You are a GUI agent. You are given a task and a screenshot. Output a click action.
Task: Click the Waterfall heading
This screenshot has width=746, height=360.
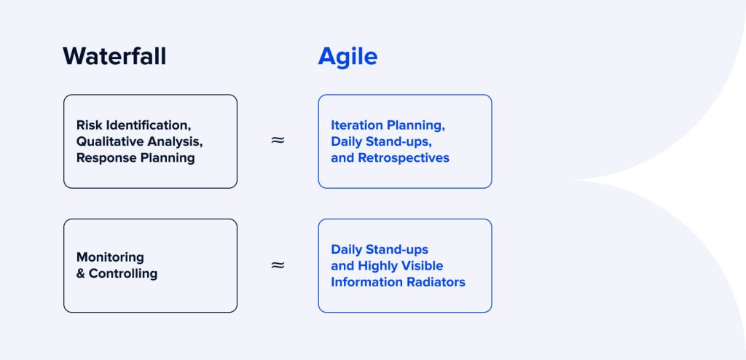click(x=114, y=56)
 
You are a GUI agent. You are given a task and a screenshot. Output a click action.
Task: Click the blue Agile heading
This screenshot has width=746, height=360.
click(x=348, y=56)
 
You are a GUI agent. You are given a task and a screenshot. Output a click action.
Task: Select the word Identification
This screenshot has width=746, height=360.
click(x=148, y=125)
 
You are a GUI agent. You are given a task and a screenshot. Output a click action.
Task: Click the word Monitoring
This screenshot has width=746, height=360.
click(x=110, y=257)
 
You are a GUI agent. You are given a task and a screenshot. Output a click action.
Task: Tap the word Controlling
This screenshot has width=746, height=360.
click(x=123, y=273)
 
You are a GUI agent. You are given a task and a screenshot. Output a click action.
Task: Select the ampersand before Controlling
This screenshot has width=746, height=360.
click(x=81, y=273)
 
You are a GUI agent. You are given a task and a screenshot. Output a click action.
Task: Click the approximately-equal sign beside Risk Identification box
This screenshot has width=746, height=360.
click(x=278, y=141)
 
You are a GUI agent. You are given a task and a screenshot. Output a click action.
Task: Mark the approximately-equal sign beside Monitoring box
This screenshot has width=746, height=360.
click(x=278, y=265)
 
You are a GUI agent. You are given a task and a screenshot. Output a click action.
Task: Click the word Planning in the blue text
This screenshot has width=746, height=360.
click(x=418, y=125)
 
